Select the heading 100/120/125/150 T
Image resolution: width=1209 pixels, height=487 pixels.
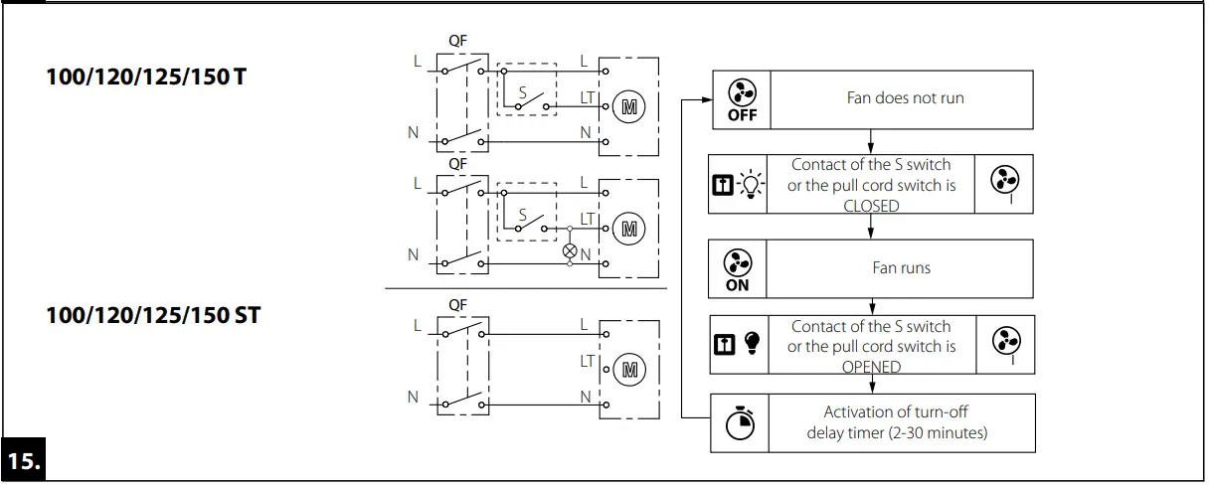[146, 77]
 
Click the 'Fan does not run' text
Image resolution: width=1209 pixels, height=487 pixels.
[904, 98]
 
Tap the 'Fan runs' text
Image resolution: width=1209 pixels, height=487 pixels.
[901, 268]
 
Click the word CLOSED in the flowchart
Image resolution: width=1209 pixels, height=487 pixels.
[871, 206]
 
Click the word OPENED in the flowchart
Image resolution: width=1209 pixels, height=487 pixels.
[871, 367]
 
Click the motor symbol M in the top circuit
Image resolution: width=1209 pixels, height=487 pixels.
[627, 106]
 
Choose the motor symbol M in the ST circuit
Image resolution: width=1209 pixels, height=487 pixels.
[627, 370]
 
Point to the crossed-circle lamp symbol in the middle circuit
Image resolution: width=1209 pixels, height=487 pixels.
[570, 251]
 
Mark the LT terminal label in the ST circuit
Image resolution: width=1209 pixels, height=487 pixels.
[586, 361]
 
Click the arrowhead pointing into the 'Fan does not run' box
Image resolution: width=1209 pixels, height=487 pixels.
[707, 99]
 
